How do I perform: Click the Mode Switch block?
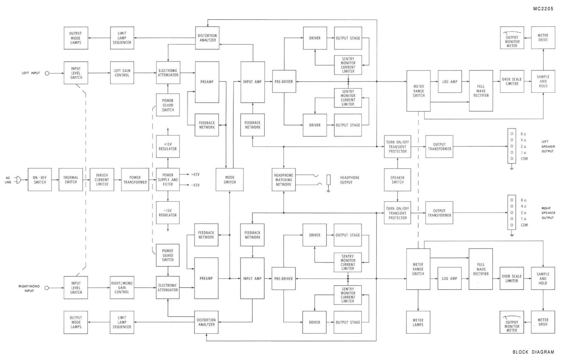click(230, 180)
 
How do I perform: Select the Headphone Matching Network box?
click(284, 180)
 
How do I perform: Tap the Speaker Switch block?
click(398, 180)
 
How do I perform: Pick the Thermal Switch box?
click(71, 180)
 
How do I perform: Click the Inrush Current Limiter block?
click(102, 180)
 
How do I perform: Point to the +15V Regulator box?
click(168, 146)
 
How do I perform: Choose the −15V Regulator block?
click(168, 213)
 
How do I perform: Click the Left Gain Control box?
click(122, 73)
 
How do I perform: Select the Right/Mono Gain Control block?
click(122, 288)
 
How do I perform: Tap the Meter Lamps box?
click(418, 322)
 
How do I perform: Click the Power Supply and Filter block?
click(168, 180)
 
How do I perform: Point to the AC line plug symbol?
click(18, 180)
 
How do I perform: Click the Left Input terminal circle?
click(47, 73)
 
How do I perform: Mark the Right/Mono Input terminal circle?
click(47, 288)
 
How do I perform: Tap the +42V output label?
click(195, 174)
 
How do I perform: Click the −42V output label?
click(195, 185)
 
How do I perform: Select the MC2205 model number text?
click(543, 9)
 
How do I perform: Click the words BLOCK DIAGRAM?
click(533, 352)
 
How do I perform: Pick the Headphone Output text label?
click(349, 180)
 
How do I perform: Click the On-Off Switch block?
click(40, 180)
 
